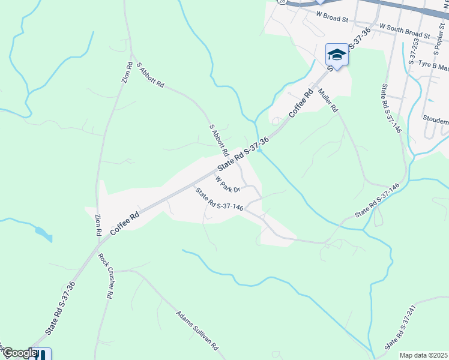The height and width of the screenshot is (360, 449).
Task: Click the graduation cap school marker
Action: coord(337,56)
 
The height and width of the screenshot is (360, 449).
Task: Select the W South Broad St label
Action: coord(405,31)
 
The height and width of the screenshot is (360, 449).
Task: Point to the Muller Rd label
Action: coord(329,101)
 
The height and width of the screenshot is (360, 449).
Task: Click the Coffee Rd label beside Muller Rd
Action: coord(301,103)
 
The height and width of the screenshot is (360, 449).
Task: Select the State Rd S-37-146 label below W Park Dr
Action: coord(219,200)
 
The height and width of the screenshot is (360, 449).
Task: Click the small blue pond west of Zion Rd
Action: coord(43,234)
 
